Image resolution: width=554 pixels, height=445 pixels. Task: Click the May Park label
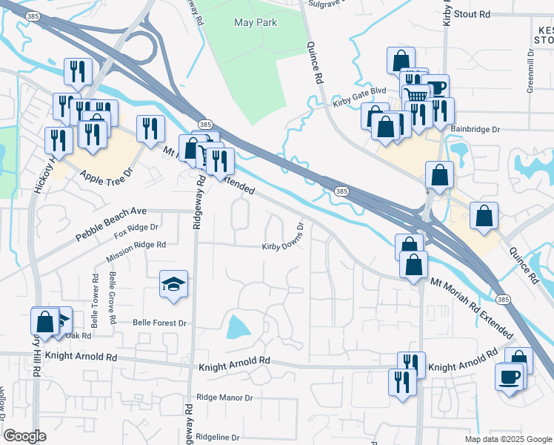255,23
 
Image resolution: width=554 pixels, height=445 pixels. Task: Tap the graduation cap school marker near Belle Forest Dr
173,284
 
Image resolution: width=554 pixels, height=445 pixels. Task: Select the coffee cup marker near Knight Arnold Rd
510,377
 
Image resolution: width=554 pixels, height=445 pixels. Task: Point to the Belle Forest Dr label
159,323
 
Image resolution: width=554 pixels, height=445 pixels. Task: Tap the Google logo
24,436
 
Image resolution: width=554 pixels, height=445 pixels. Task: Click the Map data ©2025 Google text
507,439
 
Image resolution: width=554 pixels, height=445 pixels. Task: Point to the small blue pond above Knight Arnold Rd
239,326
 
